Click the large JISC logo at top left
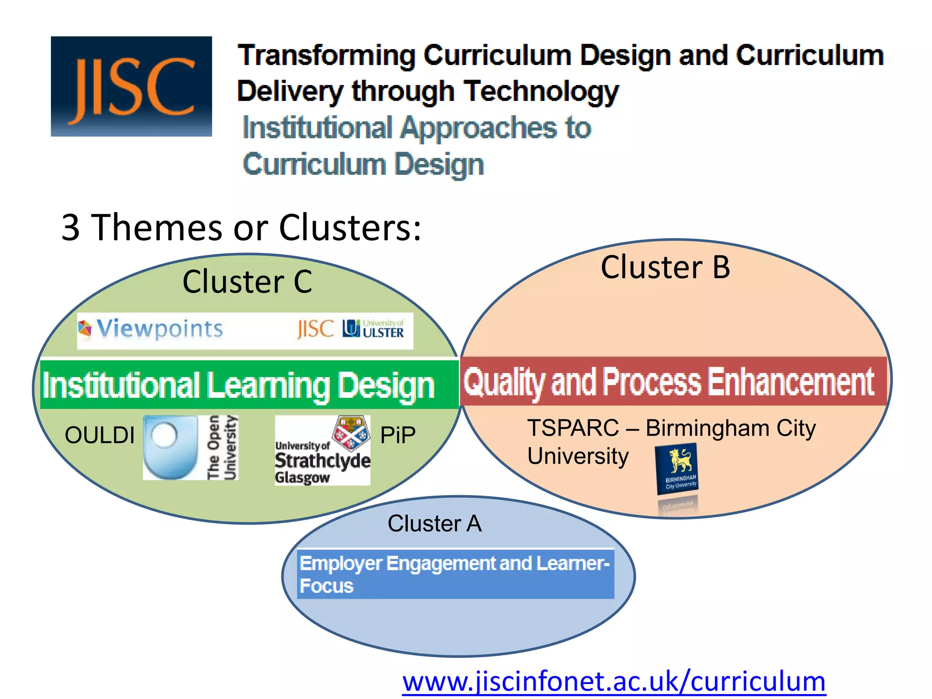click(131, 86)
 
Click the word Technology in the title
click(541, 91)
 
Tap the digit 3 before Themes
click(71, 227)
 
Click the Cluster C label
click(247, 282)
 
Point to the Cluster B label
click(665, 267)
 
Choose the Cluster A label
click(434, 523)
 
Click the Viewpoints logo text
click(159, 329)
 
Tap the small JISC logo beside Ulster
click(315, 329)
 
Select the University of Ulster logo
click(373, 329)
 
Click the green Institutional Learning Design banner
click(248, 385)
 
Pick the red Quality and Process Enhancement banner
click(673, 381)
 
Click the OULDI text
click(100, 435)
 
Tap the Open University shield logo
click(170, 447)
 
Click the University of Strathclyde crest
click(350, 432)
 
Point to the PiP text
click(398, 435)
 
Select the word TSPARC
click(573, 428)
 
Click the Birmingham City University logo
click(677, 469)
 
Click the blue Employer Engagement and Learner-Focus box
click(455, 574)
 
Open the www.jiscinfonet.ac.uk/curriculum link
click(613, 681)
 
